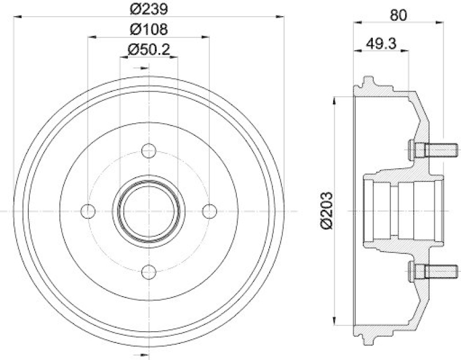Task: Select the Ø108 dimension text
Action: coord(149,30)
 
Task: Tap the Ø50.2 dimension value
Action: coord(149,50)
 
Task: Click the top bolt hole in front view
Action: coord(149,150)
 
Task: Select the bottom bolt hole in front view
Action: coord(149,272)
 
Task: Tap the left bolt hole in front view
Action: coord(88,211)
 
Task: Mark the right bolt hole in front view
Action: coord(210,211)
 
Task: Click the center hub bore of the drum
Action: coord(149,211)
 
